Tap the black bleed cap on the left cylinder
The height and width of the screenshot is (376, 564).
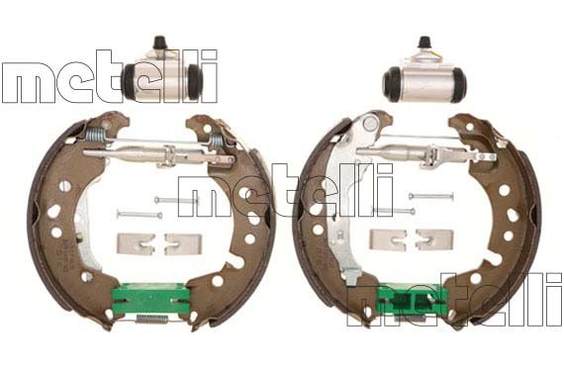pyautogui.click(x=159, y=43)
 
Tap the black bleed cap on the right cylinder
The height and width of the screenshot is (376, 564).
pyautogui.click(x=424, y=43)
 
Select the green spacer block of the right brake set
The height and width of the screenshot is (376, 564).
pyautogui.click(x=413, y=300)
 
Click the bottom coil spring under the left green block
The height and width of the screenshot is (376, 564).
pyautogui.click(x=151, y=319)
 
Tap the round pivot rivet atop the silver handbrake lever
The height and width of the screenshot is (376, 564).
pyautogui.click(x=369, y=124)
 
